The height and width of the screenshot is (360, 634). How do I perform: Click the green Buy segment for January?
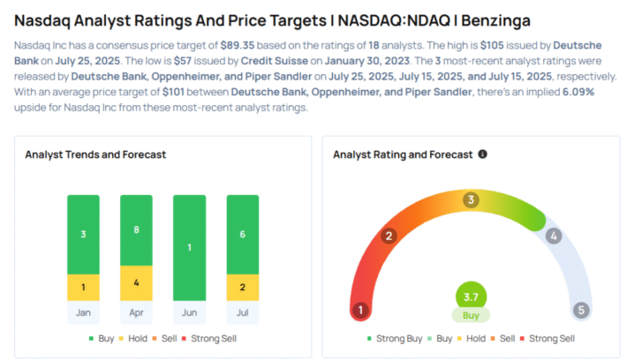click(x=83, y=234)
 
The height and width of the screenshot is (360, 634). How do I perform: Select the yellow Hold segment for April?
click(x=136, y=282)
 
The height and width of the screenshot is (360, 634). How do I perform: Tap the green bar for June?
click(x=189, y=247)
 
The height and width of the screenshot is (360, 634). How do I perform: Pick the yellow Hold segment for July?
click(x=242, y=287)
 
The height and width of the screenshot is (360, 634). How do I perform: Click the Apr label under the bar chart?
click(x=136, y=311)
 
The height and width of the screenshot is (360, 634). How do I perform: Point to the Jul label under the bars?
click(x=242, y=311)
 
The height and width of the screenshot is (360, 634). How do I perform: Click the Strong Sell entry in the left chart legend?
click(x=213, y=338)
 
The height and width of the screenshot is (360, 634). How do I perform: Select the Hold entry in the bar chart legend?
click(x=129, y=338)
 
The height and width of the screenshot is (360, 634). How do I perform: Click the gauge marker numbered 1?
click(x=360, y=310)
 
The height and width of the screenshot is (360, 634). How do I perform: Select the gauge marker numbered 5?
click(x=580, y=310)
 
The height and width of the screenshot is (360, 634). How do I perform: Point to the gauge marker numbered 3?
click(x=472, y=200)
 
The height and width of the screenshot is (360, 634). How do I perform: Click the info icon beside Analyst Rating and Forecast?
click(x=482, y=154)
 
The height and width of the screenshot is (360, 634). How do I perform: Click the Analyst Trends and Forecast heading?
click(x=95, y=154)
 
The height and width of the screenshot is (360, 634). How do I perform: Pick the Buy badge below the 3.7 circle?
click(x=471, y=315)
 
